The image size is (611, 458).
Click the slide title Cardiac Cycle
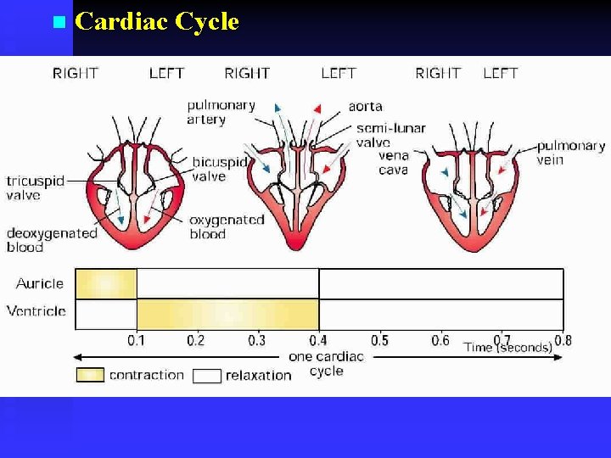[x=156, y=21]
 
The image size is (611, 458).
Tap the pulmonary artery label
[x=221, y=112]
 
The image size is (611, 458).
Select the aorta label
[x=365, y=107]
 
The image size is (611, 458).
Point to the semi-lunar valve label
[x=390, y=135]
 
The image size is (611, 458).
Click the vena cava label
[x=394, y=162]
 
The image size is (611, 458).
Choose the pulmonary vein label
[x=570, y=153]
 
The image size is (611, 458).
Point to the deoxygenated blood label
[x=51, y=240]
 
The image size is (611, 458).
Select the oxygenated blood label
[x=227, y=226]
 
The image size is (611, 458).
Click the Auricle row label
[x=40, y=283]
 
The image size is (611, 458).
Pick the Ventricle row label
[x=36, y=311]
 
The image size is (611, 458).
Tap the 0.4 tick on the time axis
[x=318, y=341]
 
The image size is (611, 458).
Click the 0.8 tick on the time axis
[x=563, y=341]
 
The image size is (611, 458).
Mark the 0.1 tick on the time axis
[x=137, y=341]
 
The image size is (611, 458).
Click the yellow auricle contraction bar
[x=106, y=283]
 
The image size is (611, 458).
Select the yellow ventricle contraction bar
[x=227, y=314]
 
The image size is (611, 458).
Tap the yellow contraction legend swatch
[x=90, y=375]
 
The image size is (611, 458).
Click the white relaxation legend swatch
[x=207, y=376]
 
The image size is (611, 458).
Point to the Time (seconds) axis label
[x=507, y=347]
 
